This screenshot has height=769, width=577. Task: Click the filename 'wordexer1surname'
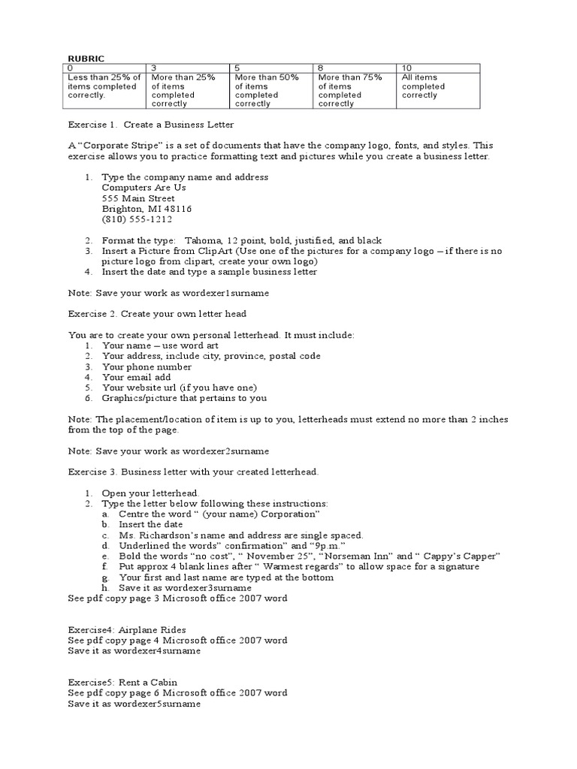tap(231, 292)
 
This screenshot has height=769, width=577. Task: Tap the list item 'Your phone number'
tap(147, 366)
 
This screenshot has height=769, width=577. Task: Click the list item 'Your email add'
tap(137, 377)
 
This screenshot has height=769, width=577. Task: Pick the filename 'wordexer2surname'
tap(231, 451)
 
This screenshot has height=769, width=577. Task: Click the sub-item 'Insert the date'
tap(150, 524)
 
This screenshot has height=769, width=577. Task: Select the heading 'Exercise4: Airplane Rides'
tap(127, 629)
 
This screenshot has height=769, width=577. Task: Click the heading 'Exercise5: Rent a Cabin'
tap(122, 682)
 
